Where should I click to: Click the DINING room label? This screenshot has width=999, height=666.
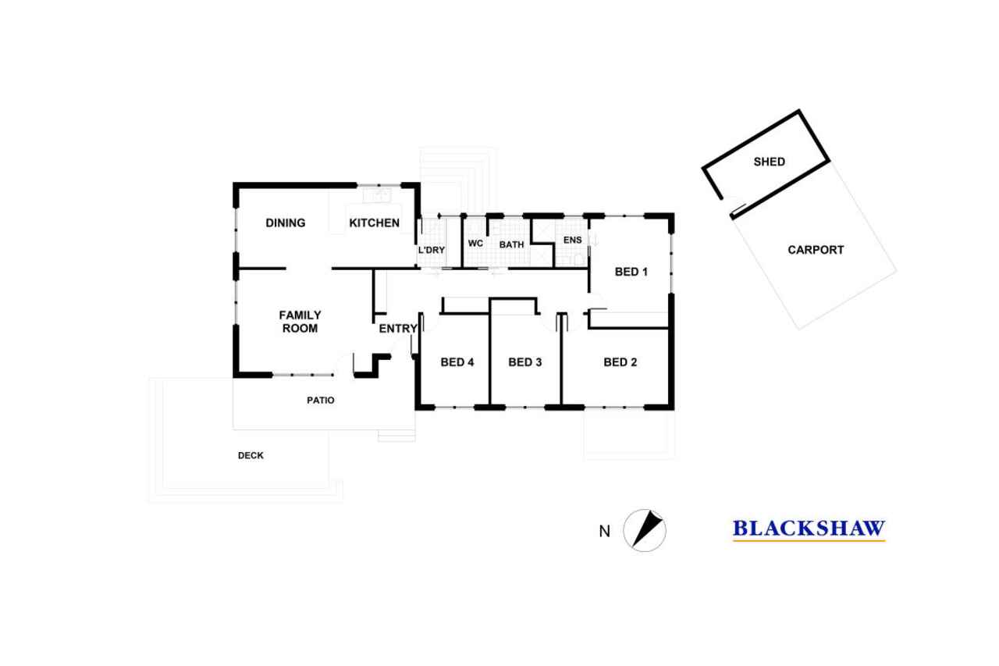[286, 223]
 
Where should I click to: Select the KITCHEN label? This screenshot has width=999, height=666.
[374, 223]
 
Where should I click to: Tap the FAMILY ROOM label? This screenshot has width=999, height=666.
[300, 322]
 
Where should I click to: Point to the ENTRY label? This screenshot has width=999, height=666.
[398, 329]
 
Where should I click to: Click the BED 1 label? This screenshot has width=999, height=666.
[631, 272]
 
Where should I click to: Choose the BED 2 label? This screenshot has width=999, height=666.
[620, 362]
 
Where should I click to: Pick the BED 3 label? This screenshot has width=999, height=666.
[525, 362]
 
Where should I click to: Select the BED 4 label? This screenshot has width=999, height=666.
[457, 362]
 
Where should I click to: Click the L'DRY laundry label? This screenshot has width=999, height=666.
[432, 251]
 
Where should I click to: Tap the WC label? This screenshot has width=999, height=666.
[475, 243]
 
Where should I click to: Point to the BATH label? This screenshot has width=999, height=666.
[511, 244]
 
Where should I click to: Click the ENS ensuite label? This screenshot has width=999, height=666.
[573, 240]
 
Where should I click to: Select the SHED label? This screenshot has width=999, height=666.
[770, 162]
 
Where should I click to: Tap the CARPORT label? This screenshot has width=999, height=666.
[816, 250]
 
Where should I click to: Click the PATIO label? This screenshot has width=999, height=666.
[321, 400]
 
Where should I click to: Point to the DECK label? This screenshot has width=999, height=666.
[251, 455]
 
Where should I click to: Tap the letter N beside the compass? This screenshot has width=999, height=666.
[604, 531]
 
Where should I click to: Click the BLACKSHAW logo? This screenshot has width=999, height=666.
[809, 530]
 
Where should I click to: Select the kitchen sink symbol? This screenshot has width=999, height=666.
[377, 195]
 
